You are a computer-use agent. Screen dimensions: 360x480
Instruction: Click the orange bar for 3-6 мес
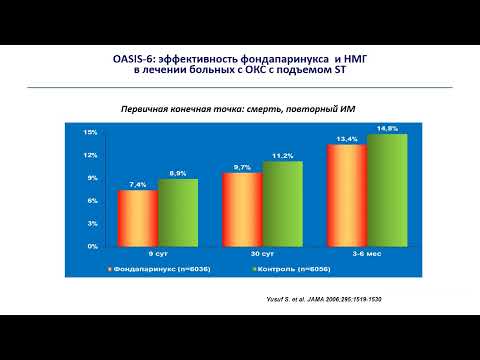347,194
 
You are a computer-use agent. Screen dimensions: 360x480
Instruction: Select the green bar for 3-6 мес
386,189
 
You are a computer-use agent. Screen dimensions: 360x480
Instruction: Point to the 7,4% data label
138,185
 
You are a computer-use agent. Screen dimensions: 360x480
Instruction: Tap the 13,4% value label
347,139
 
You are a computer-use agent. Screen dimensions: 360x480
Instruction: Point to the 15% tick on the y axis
89,132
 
